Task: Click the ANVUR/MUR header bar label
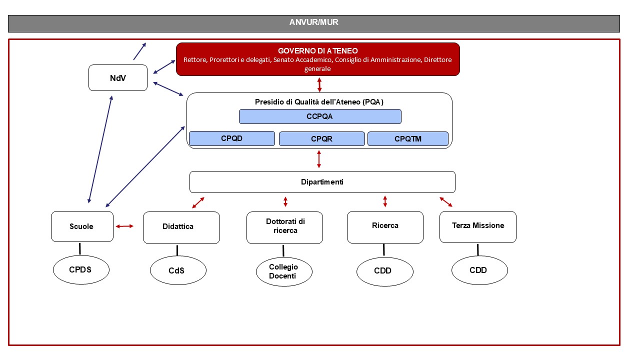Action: point(313,22)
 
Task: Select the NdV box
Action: point(118,78)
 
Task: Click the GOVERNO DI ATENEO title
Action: point(317,51)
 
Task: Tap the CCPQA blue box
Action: point(320,116)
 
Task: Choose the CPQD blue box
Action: point(232,138)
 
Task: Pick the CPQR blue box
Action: point(321,138)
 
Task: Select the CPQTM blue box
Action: point(408,138)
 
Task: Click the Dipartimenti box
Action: point(322,182)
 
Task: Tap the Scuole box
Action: point(82,226)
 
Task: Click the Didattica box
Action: point(181,227)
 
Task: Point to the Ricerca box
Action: point(385,226)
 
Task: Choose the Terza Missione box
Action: point(477,226)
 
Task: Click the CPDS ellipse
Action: point(81,270)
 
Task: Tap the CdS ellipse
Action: point(178,271)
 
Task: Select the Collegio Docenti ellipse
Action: point(284,271)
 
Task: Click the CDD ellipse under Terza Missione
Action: point(479,270)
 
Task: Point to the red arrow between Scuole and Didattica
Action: point(124,226)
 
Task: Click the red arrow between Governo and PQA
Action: point(319,84)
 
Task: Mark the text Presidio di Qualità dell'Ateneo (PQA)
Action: point(319,102)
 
